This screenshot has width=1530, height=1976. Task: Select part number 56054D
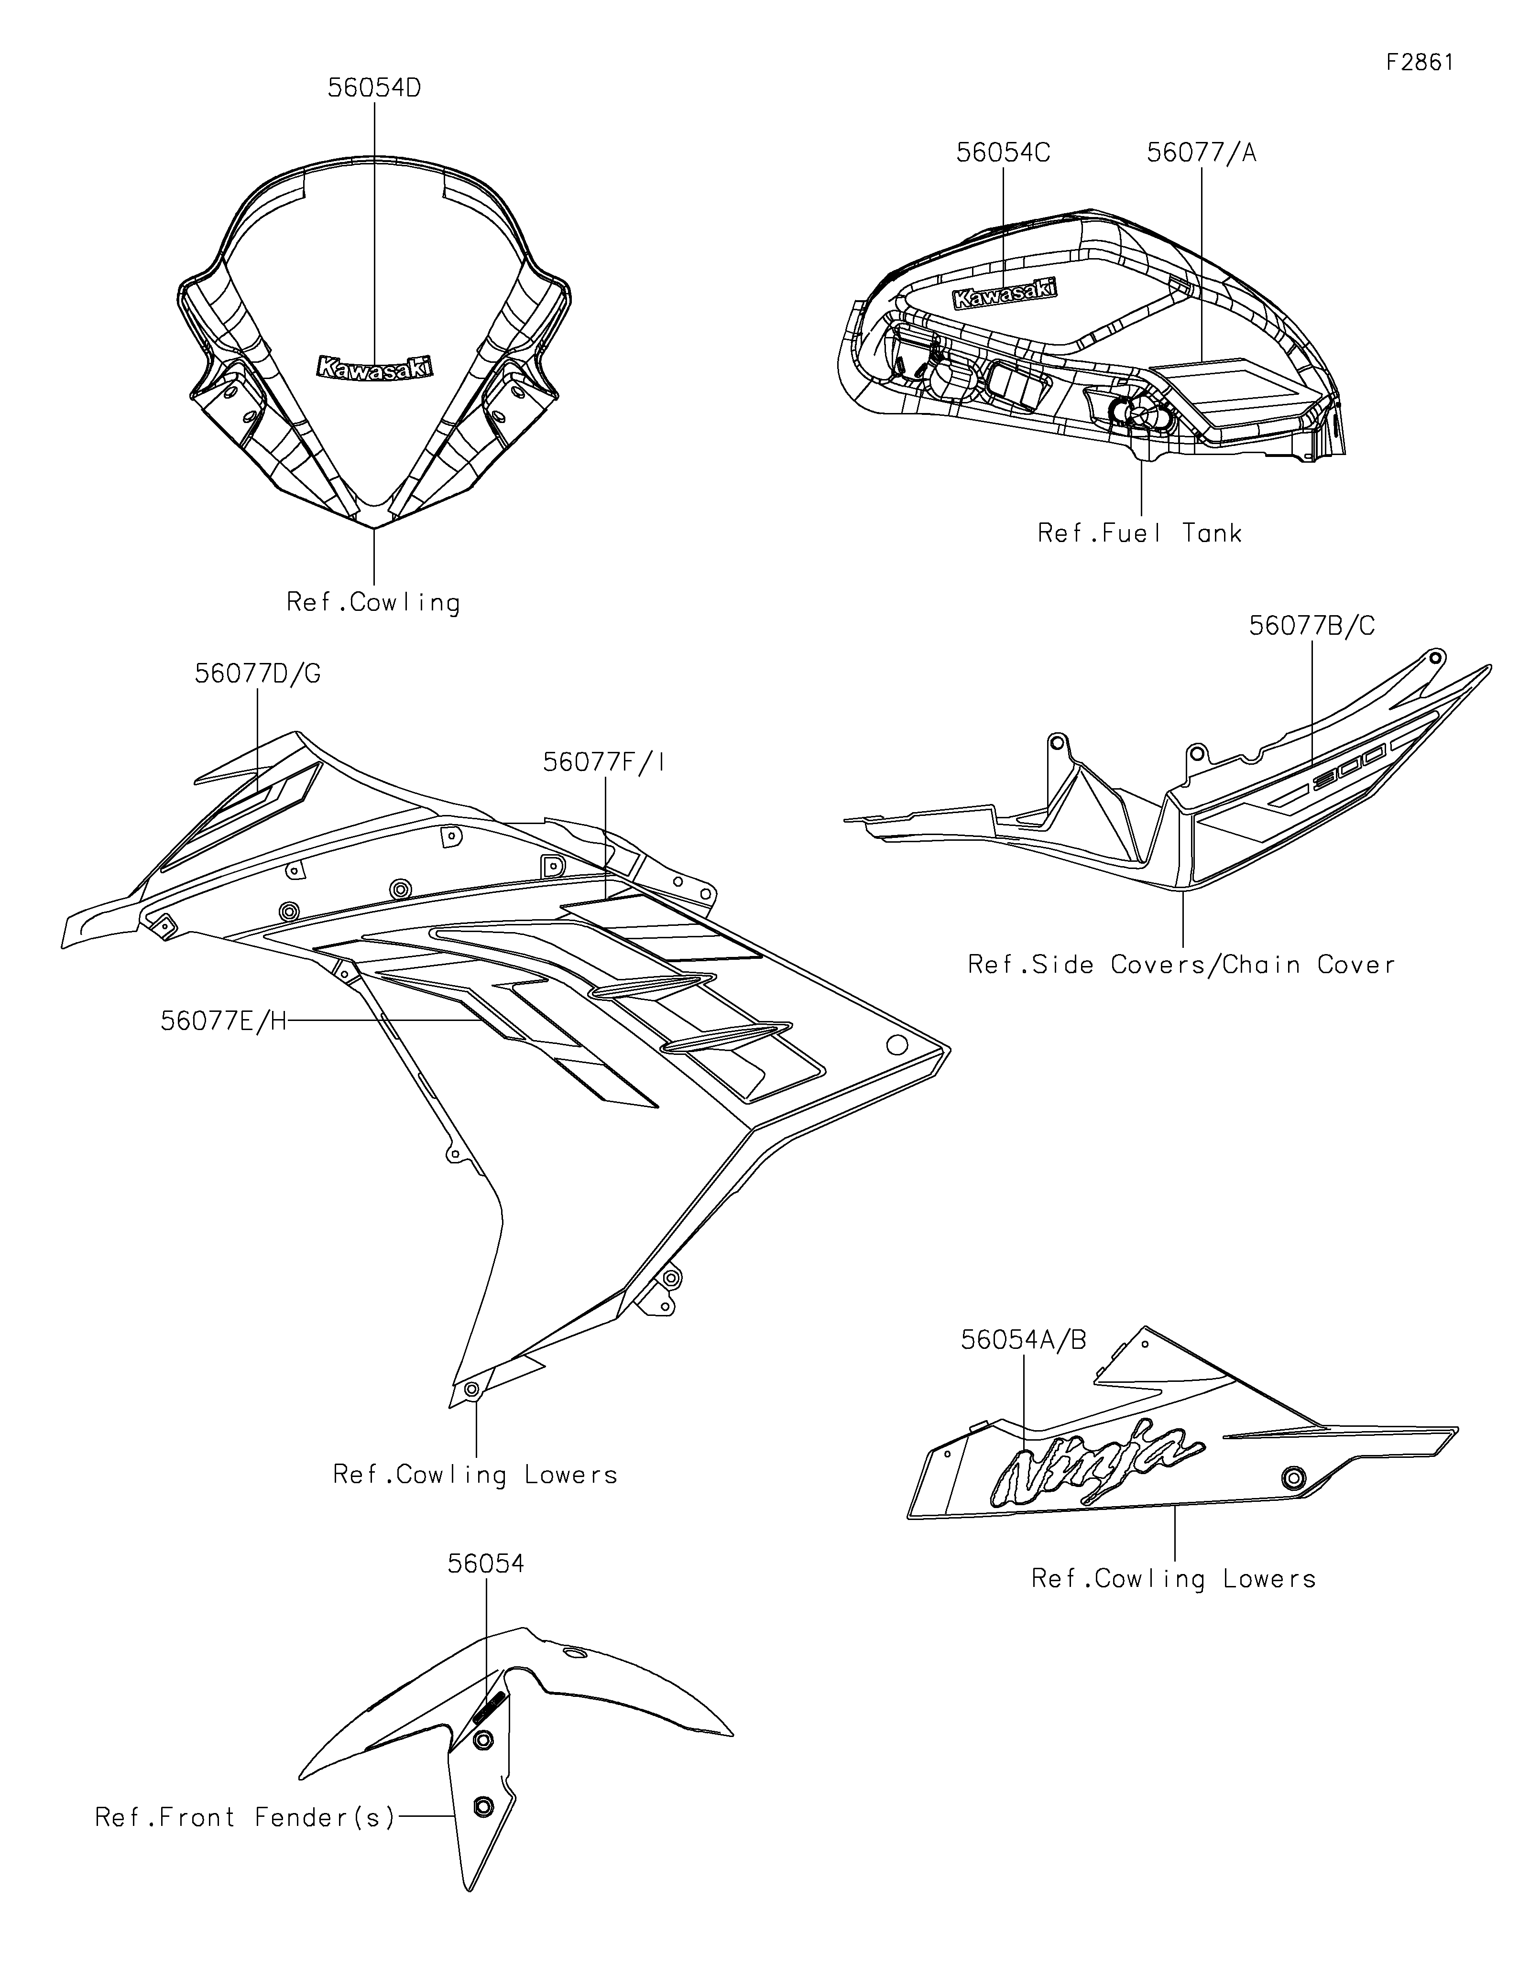[x=374, y=89]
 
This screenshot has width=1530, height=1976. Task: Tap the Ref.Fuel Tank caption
[x=1139, y=534]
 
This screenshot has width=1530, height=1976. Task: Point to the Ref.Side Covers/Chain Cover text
[x=1181, y=966]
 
